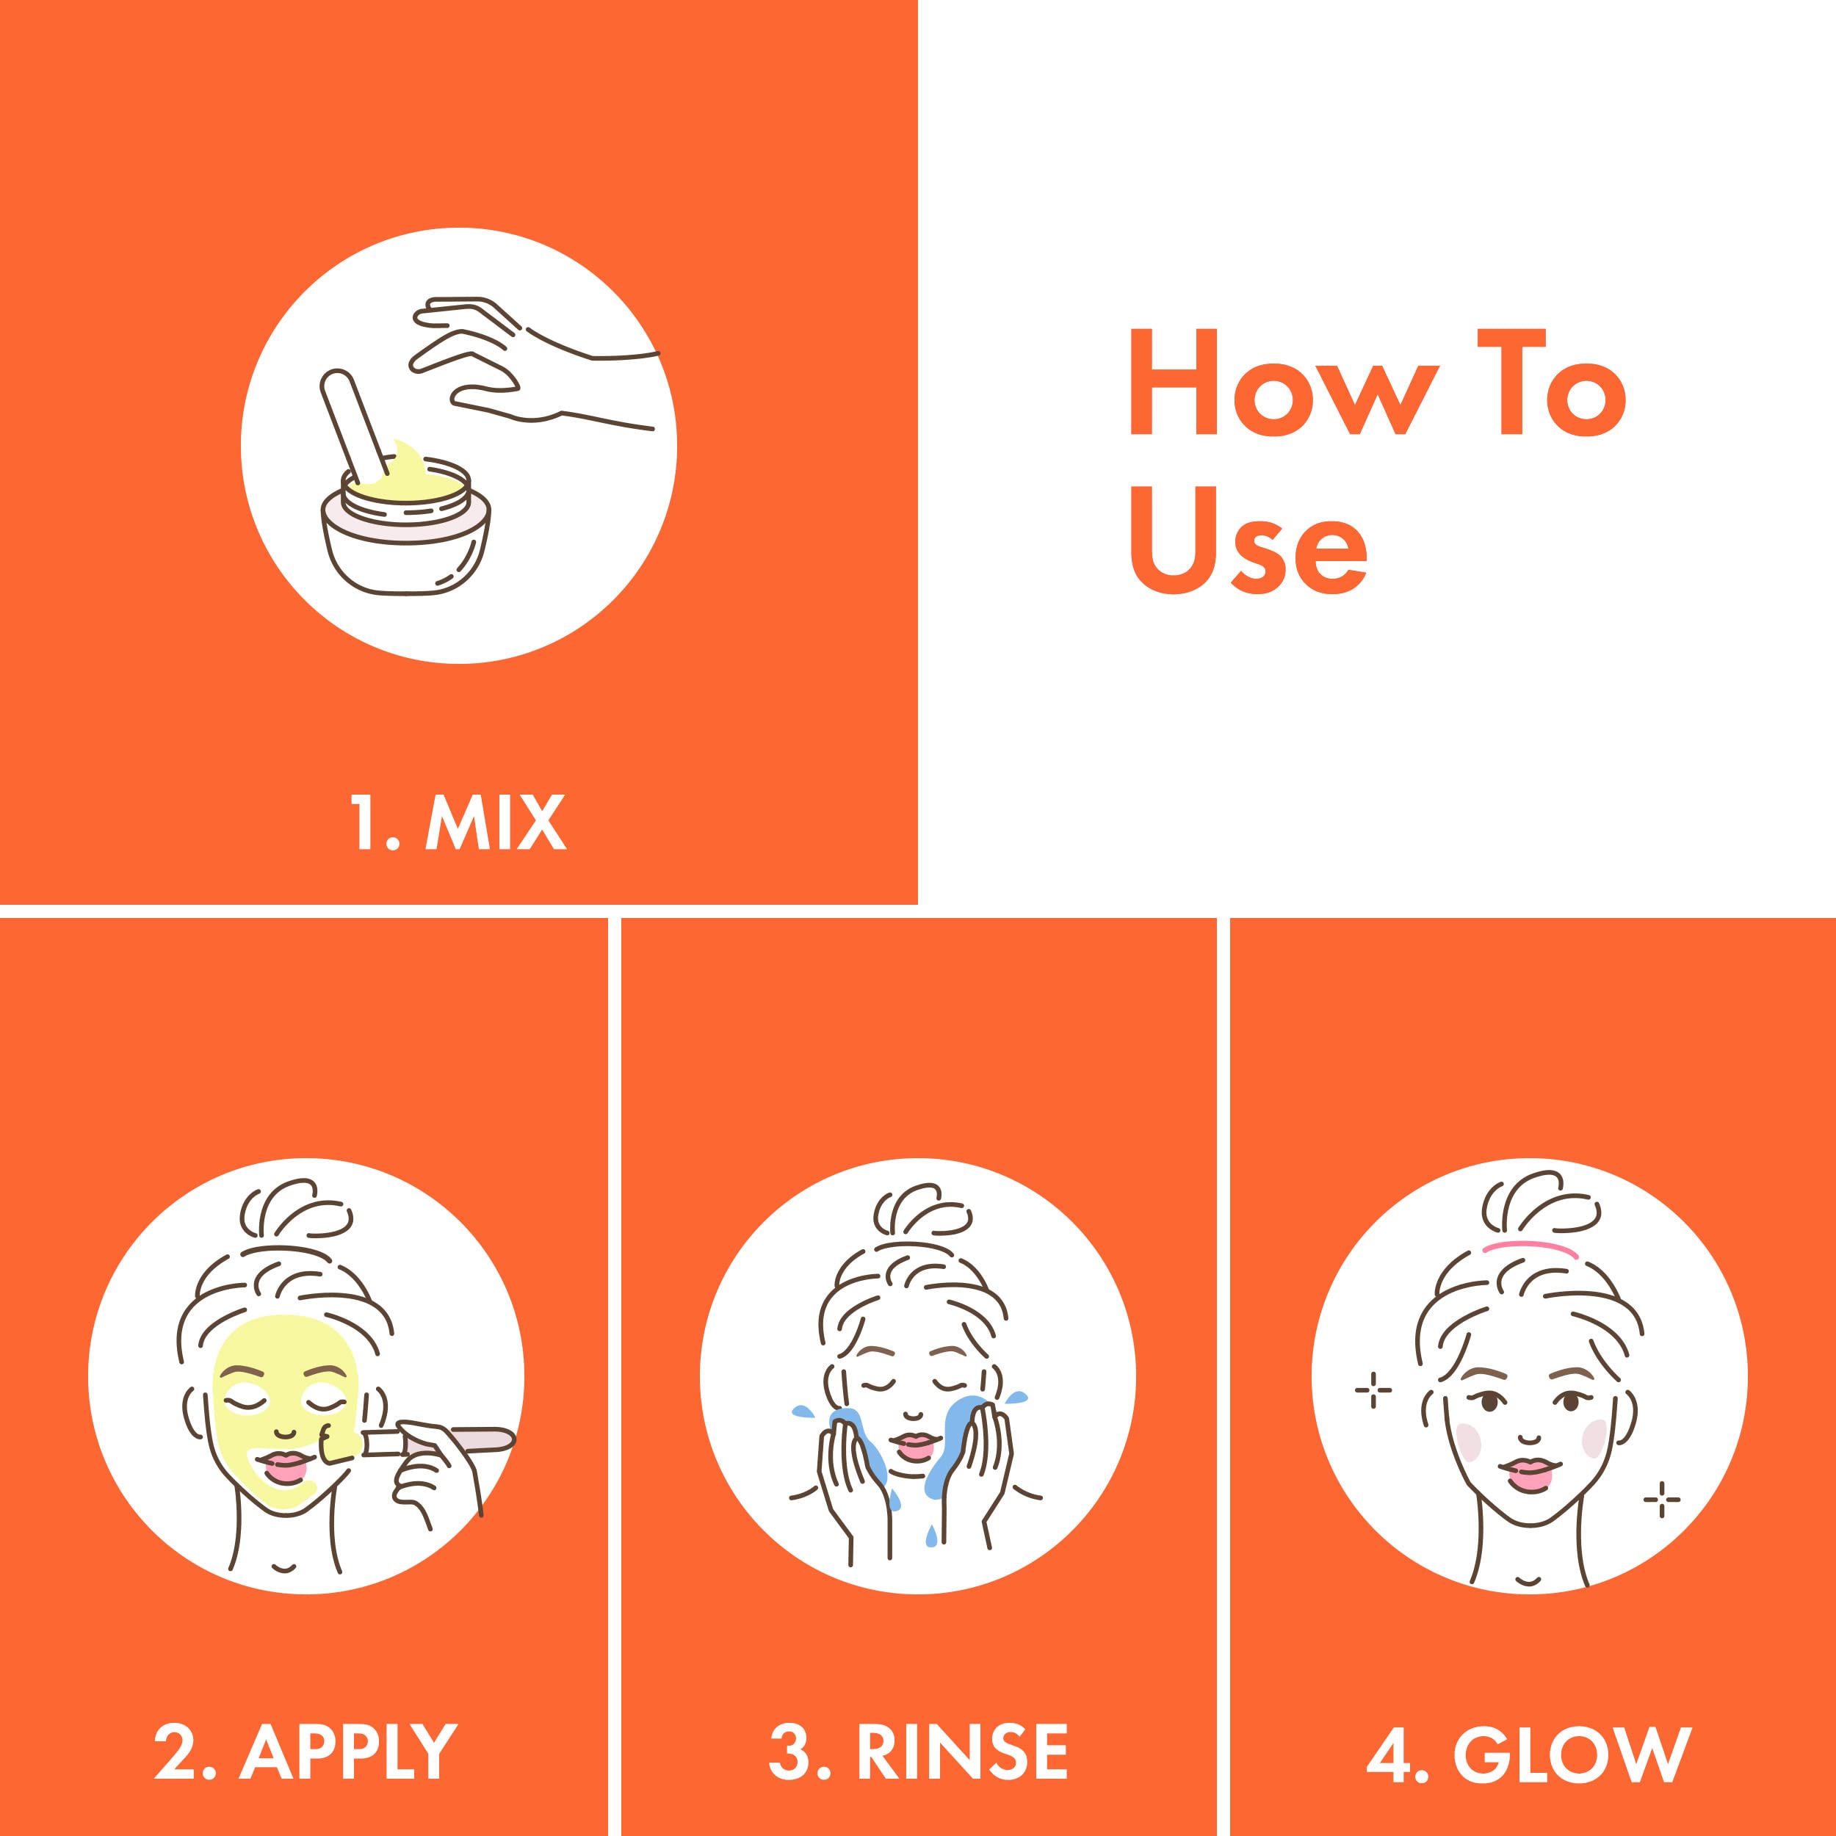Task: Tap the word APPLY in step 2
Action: point(349,1724)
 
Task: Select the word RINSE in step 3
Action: point(963,1724)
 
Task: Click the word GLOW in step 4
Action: point(1573,1724)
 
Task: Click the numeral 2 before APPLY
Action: point(175,1724)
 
